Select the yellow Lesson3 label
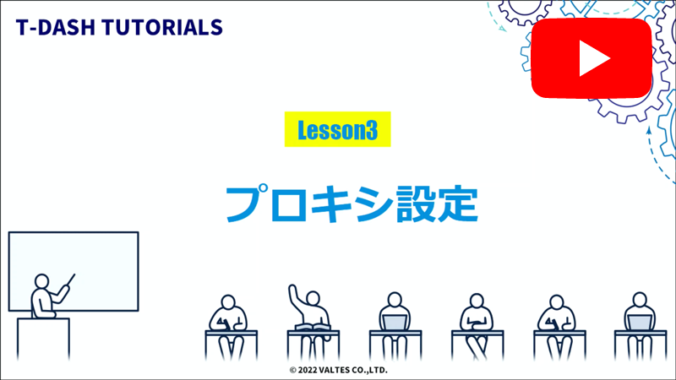click(336, 130)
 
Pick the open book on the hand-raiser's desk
click(313, 327)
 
